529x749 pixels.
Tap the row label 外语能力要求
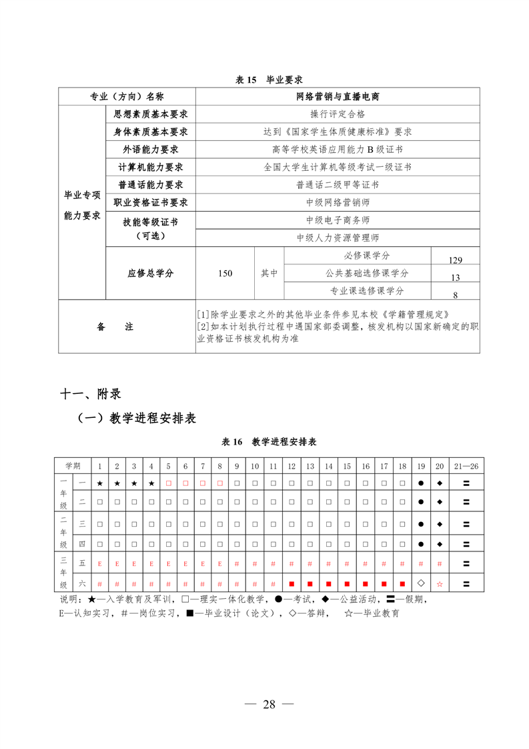pos(150,150)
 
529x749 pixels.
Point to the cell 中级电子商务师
pos(338,220)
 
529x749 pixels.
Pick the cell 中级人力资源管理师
pos(338,237)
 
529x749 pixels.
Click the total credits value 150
pos(225,273)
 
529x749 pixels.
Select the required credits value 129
pos(456,260)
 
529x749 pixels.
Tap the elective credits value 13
pos(456,278)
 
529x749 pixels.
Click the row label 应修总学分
pos(150,273)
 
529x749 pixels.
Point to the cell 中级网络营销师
pos(338,202)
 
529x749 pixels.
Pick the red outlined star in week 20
pos(439,583)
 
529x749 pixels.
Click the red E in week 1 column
pos(100,565)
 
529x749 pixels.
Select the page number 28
pos(269,705)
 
